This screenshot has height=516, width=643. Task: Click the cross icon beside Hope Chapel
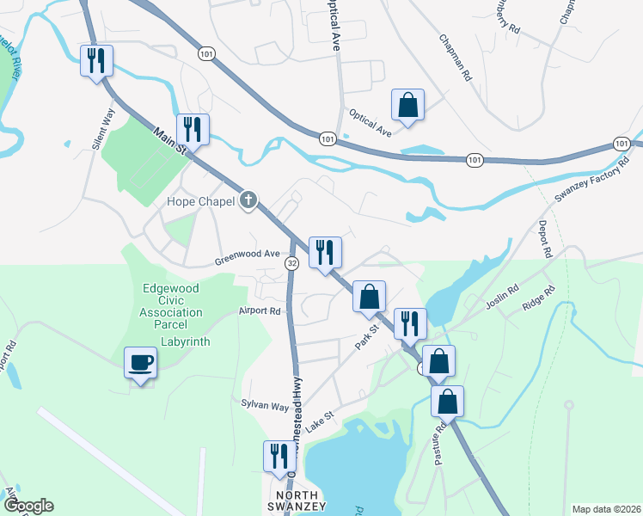click(x=248, y=201)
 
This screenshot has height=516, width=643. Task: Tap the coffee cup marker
click(x=140, y=362)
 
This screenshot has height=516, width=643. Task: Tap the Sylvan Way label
click(x=265, y=404)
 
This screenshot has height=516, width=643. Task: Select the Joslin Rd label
click(x=501, y=296)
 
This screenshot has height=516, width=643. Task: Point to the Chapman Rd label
click(x=456, y=58)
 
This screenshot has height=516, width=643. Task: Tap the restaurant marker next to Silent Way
click(x=95, y=61)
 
